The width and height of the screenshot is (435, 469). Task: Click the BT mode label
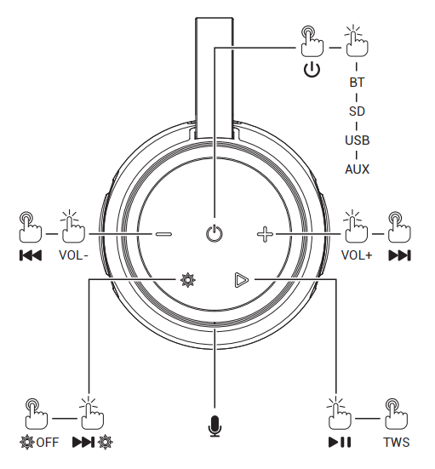[357, 83]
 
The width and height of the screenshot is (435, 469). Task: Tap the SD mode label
[357, 112]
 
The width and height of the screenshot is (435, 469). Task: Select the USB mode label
[358, 140]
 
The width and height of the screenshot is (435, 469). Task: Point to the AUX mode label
[358, 169]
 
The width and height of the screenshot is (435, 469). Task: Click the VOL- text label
[73, 255]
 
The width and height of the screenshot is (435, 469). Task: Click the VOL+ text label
[357, 255]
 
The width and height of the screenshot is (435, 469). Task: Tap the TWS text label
[397, 442]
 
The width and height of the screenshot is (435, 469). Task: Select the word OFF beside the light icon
[48, 443]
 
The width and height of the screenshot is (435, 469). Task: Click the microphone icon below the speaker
[215, 426]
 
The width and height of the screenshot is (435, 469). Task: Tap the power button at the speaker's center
[215, 233]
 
